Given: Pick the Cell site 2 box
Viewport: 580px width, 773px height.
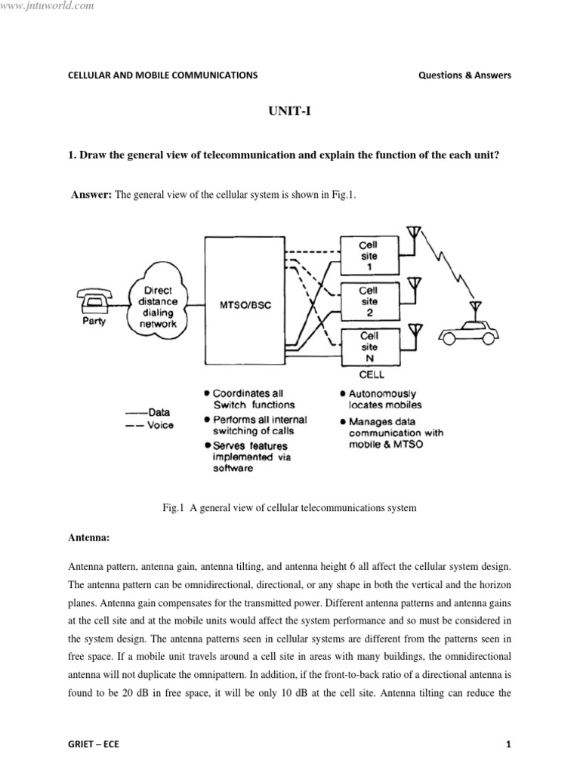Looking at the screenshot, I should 369,300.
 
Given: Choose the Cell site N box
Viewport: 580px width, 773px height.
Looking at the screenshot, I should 369,347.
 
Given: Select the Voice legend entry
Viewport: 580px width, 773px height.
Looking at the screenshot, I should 149,425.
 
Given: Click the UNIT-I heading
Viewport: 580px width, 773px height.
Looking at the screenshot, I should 290,111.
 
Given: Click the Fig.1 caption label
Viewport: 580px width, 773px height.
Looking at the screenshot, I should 174,508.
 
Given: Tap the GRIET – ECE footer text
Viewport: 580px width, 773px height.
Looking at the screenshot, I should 93,745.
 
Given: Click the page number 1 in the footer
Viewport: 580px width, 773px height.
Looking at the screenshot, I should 508,745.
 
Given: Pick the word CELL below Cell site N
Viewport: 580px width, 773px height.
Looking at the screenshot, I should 371,374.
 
